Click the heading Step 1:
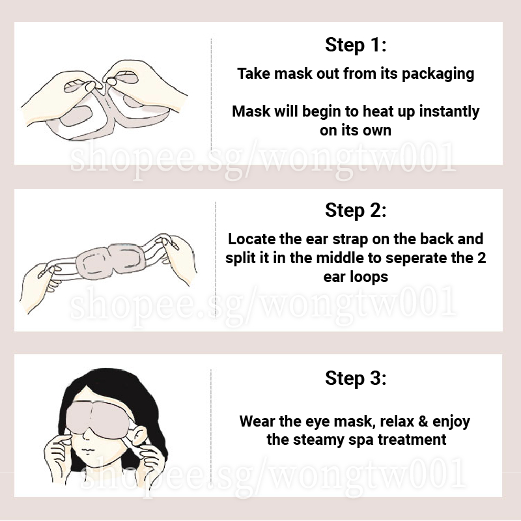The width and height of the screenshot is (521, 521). [x=356, y=44]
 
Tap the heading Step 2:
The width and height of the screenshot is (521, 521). [x=356, y=210]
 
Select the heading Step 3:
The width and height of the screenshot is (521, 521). [x=356, y=378]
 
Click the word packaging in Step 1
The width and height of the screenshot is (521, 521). [x=438, y=74]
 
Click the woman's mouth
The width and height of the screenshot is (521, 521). [x=87, y=451]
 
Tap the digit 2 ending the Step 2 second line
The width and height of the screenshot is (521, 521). [x=481, y=258]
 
